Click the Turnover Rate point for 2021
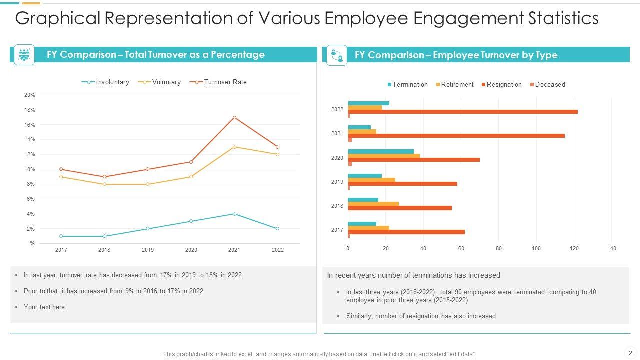click(234, 118)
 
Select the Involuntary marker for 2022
click(277, 229)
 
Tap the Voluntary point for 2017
click(61, 177)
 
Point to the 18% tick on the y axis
click(30, 110)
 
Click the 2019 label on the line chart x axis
click(148, 250)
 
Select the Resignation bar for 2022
click(463, 112)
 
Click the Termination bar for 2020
click(381, 151)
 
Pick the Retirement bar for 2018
click(373, 204)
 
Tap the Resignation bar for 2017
click(406, 232)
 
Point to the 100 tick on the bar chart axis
click(536, 248)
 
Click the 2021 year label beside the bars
click(337, 133)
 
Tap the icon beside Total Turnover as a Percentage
click(24, 55)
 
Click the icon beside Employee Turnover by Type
click(336, 55)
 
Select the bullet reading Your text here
click(44, 307)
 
